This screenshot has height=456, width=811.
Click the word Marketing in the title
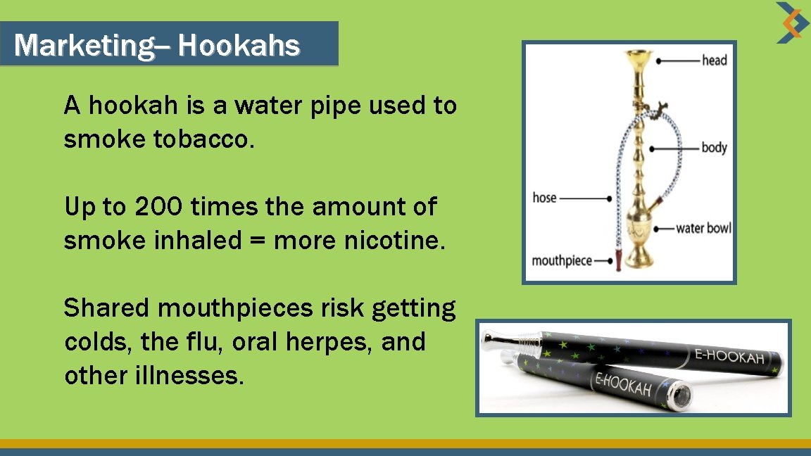tap(82, 46)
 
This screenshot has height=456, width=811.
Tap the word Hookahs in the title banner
tap(239, 46)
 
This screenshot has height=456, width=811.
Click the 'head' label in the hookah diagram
tap(714, 61)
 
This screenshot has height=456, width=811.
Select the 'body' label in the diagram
tap(714, 148)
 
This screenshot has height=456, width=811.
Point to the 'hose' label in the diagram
tap(545, 198)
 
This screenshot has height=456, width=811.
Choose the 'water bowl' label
tap(703, 228)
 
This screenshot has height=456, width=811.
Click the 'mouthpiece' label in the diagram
tap(561, 261)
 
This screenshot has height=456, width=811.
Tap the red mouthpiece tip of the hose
tap(619, 260)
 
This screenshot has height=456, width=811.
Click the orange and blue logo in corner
tap(793, 23)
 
